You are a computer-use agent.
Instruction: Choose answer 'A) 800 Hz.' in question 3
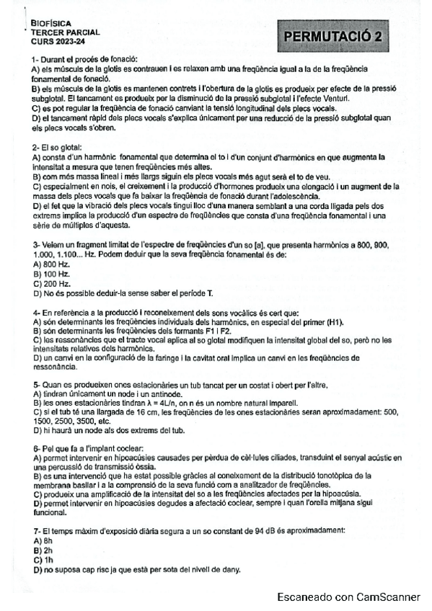point(50,264)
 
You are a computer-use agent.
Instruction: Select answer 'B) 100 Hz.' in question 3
point(50,274)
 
